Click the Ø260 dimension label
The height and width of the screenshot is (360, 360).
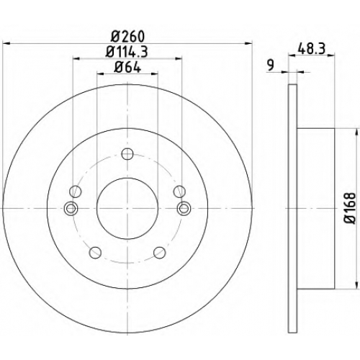tap(128, 37)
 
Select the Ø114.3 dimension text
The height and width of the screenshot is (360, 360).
tap(127, 51)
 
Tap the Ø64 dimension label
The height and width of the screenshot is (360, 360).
tap(127, 67)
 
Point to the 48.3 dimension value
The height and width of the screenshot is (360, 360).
tap(311, 49)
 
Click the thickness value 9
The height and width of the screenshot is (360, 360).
tap(271, 65)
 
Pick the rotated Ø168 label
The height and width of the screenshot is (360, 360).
tap(349, 208)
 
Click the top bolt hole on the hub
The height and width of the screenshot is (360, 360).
tap(127, 154)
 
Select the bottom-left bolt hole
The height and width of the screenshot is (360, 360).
tap(95, 252)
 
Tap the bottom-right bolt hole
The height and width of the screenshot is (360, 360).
tap(160, 252)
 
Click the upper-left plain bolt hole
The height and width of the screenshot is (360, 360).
tap(76, 192)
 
